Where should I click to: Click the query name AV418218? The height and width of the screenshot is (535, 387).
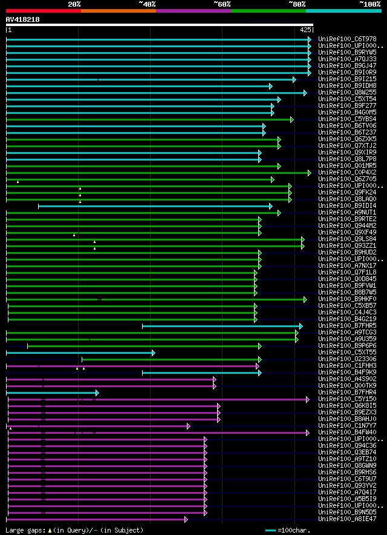point(23,19)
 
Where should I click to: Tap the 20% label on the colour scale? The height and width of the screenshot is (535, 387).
point(74,4)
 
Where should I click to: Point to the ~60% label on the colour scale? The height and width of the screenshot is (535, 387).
point(222,4)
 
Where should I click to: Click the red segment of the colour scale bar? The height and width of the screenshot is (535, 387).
point(43,10)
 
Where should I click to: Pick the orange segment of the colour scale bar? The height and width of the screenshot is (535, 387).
point(118,10)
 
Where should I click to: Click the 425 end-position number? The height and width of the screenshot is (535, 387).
point(305,29)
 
